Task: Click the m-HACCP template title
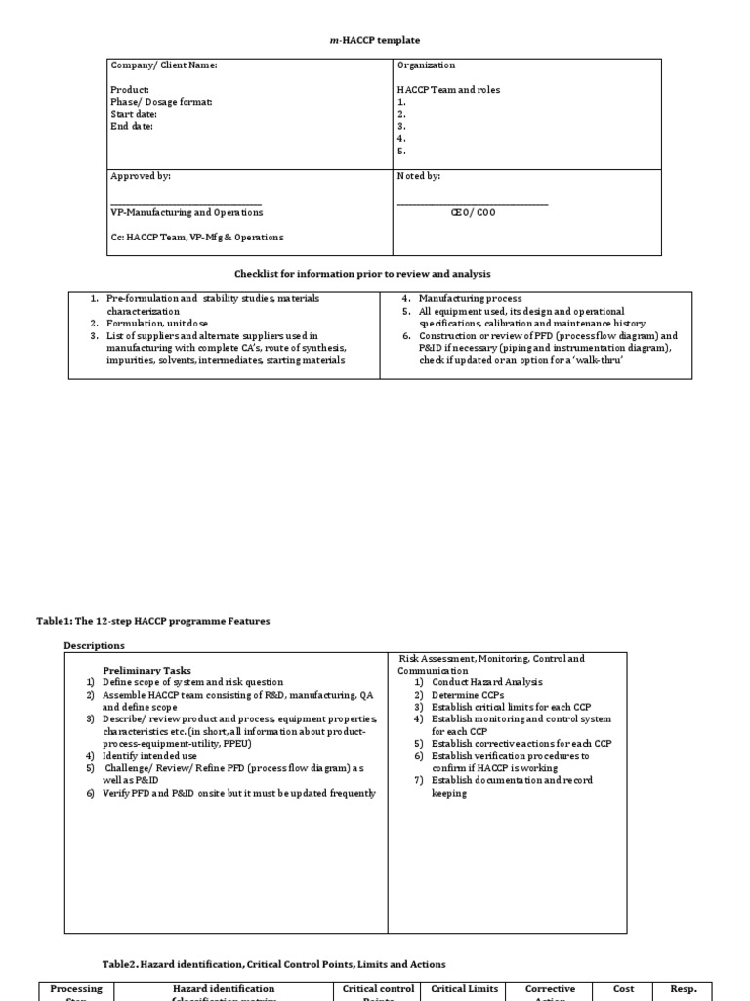[x=374, y=40]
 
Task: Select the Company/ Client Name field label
[x=164, y=65]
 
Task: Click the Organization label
[x=426, y=65]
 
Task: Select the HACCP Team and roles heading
[x=448, y=90]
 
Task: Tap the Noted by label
[x=419, y=176]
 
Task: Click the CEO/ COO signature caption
[x=473, y=212]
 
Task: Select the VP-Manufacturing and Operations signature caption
[x=187, y=212]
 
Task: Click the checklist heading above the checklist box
[x=375, y=273]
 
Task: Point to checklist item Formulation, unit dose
[x=156, y=323]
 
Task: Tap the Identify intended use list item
[x=147, y=756]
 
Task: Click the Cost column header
[x=623, y=989]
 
